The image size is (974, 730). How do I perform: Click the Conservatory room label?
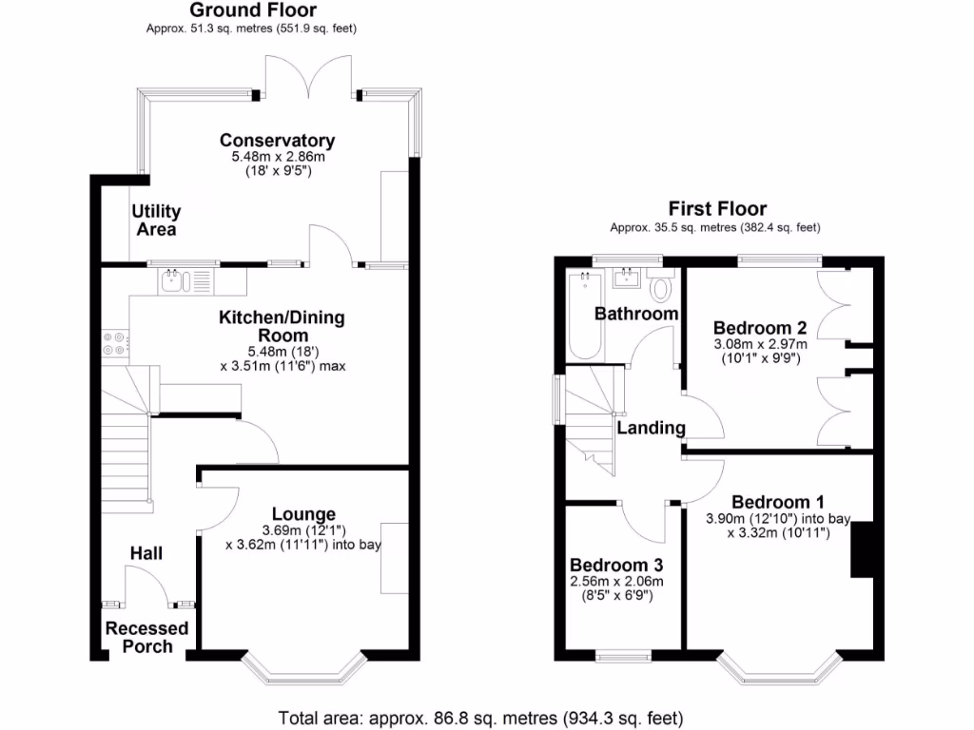click(277, 141)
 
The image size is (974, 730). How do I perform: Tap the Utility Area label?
click(156, 220)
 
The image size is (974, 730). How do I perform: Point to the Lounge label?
click(303, 514)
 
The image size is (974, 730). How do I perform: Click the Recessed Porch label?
click(146, 637)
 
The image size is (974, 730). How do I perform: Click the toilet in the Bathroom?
click(661, 286)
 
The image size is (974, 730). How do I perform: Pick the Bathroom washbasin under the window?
click(628, 278)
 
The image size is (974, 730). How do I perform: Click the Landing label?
click(651, 428)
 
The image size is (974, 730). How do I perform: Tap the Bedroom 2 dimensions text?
click(760, 351)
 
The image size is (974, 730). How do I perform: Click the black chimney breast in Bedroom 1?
click(862, 549)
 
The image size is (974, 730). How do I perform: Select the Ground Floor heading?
click(252, 10)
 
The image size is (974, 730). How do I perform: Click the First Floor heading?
click(716, 208)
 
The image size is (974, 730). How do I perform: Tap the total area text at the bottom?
click(480, 718)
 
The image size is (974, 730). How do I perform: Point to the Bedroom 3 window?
click(623, 655)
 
